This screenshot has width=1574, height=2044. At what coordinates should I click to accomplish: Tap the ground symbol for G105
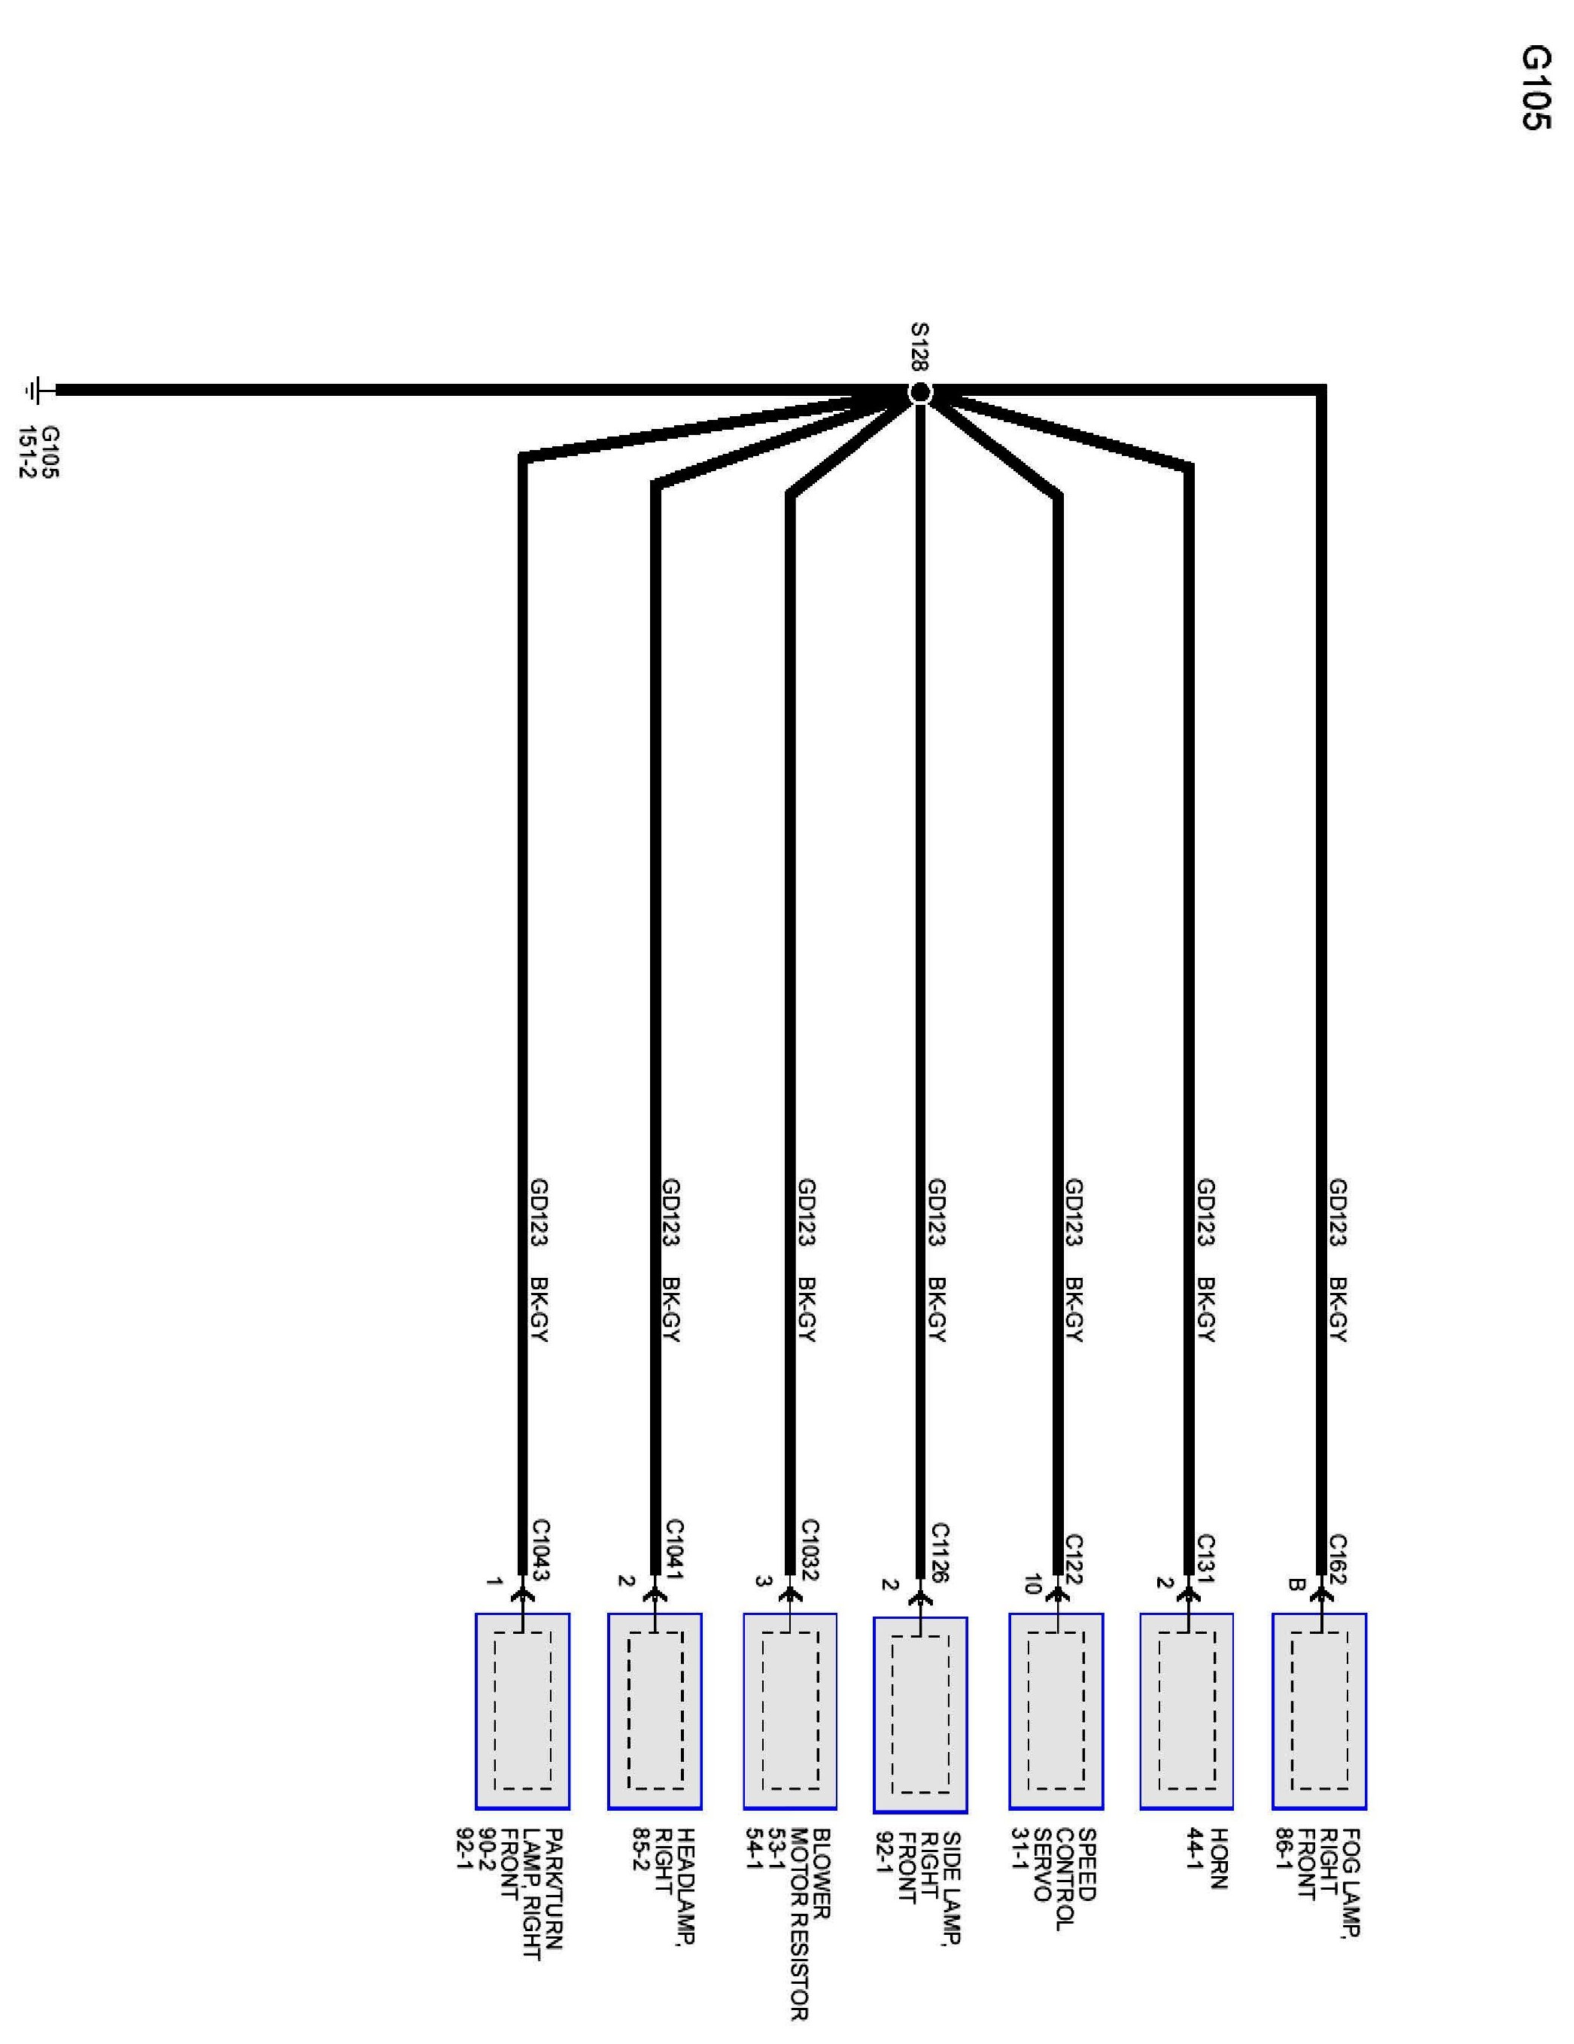(38, 391)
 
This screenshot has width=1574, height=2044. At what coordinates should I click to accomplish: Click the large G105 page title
(1535, 88)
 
